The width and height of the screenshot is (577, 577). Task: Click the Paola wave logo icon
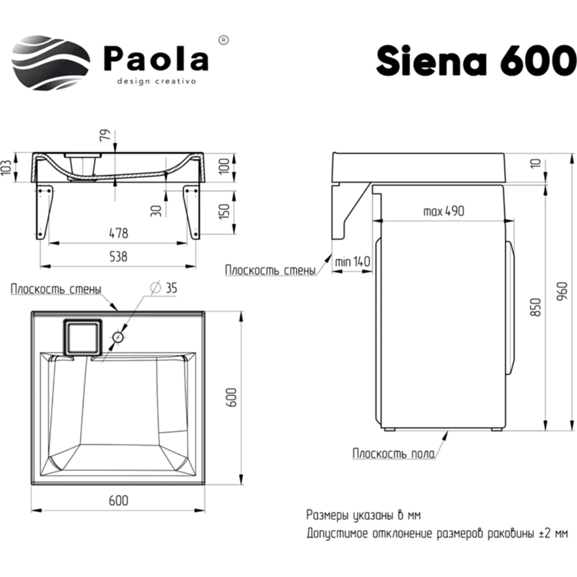[51, 58]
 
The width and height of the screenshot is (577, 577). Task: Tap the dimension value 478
[118, 233]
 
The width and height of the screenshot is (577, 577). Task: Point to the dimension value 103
[7, 169]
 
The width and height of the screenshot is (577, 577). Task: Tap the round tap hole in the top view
[118, 337]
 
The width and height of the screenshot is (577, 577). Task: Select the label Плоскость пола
[393, 453]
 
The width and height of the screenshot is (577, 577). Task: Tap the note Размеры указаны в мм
[363, 516]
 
